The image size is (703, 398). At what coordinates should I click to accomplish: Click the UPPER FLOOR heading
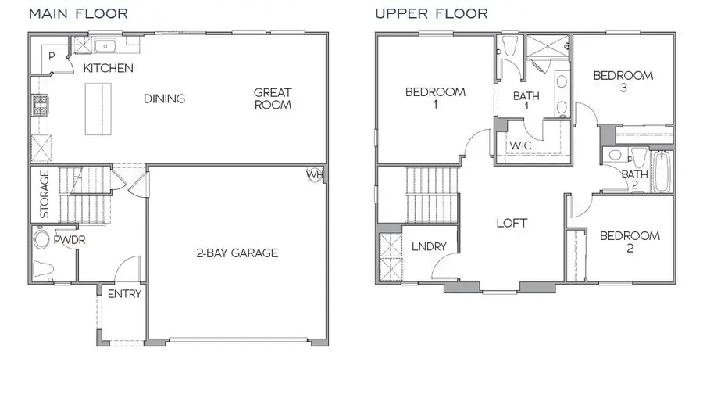(431, 13)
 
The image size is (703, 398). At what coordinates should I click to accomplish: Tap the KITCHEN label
(108, 68)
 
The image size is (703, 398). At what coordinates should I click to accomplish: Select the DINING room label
(164, 99)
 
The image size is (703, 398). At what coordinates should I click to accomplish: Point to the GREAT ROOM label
(273, 99)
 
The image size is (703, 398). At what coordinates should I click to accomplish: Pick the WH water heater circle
(314, 174)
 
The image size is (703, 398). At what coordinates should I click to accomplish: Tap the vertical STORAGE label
(45, 194)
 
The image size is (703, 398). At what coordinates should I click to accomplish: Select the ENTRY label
(124, 294)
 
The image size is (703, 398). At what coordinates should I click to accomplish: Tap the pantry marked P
(51, 56)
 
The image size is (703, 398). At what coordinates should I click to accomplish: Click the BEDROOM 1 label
(435, 99)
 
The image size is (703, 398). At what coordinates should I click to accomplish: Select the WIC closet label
(521, 145)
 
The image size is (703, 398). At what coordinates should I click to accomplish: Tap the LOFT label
(512, 223)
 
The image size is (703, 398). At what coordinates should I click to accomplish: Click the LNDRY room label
(429, 247)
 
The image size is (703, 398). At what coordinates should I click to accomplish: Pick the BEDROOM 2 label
(630, 242)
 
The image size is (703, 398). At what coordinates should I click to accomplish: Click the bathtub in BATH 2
(662, 172)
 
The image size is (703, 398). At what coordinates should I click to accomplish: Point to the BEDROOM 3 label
(623, 82)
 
